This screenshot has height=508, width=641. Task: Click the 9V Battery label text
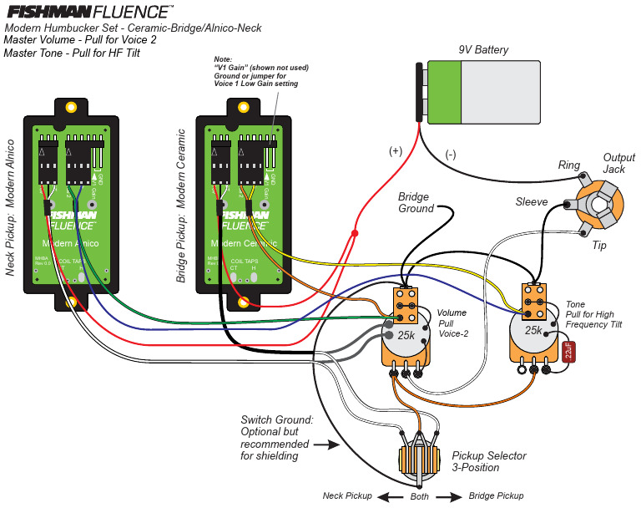coord(483,50)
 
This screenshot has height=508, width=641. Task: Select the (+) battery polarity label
coord(395,151)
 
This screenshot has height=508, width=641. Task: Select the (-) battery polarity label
coord(451,155)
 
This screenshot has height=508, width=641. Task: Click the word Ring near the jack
coord(569,165)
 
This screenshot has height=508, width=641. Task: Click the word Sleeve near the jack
coord(532,202)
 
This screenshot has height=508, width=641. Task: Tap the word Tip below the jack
coord(598,246)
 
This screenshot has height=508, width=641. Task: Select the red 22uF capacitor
coord(568,350)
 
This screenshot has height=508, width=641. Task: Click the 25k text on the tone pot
coord(535,331)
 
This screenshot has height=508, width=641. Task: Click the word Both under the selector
coord(421,496)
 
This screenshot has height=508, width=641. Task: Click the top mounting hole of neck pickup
coord(72,107)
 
